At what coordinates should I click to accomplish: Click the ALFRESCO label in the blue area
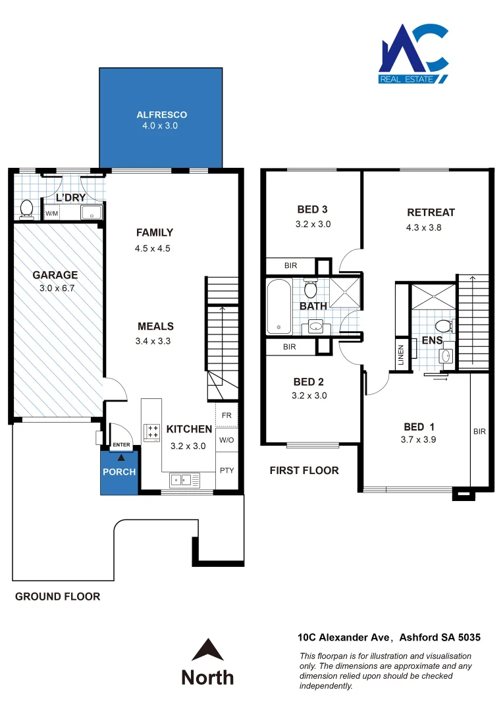pos(161,115)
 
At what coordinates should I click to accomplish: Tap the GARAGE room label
pos(55,275)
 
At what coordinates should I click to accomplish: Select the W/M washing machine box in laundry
pos(51,213)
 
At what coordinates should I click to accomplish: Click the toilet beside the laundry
pos(26,209)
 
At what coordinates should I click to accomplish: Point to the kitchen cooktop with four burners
pos(152,432)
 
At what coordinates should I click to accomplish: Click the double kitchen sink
pos(182,480)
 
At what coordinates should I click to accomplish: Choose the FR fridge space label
pos(226,415)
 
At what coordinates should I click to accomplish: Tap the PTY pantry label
pos(226,470)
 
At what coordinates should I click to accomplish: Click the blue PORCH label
pos(119,472)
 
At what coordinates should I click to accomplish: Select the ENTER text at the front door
pos(121,446)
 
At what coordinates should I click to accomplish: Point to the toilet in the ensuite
pos(444,326)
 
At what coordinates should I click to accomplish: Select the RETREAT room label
pos(431,213)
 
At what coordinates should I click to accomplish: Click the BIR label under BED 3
pos(290,266)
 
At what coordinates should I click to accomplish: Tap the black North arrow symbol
pos(207,650)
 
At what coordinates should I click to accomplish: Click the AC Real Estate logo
pos(414,54)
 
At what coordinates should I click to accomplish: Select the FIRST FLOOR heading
pos(304,470)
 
